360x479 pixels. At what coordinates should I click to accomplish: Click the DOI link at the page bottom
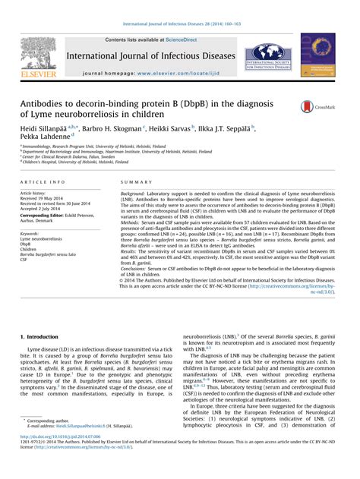(x=65, y=458)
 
